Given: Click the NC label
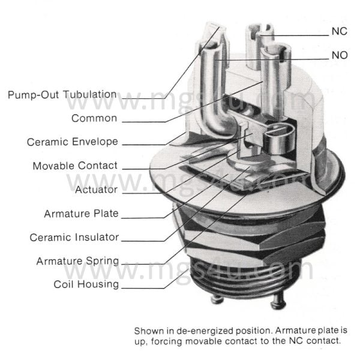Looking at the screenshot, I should pyautogui.click(x=340, y=31).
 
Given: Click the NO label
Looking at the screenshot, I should pyautogui.click(x=340, y=56).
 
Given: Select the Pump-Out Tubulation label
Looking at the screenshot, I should pyautogui.click(x=62, y=94).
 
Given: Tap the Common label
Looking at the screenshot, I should pyautogui.click(x=94, y=118).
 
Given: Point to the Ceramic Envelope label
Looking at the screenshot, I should pyautogui.click(x=73, y=142).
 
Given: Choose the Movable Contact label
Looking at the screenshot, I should pyautogui.click(x=75, y=166).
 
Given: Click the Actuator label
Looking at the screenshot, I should pyautogui.click(x=96, y=190).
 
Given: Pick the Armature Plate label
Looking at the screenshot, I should pyautogui.click(x=81, y=214).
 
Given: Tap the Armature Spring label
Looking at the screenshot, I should pyautogui.click(x=77, y=261).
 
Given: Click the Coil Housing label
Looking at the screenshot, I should pyautogui.click(x=86, y=284).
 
